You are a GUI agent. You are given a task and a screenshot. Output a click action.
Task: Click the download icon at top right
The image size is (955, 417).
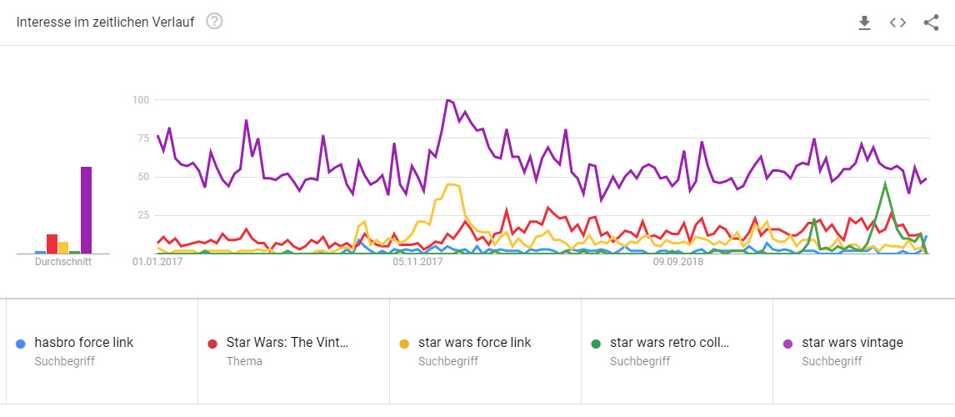pyautogui.click(x=864, y=23)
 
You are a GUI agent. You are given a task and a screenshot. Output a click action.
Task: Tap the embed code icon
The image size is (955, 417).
pyautogui.click(x=897, y=23)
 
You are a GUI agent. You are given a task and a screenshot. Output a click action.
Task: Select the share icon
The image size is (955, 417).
pyautogui.click(x=931, y=23)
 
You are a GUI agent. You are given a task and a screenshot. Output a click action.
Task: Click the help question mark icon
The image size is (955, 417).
pyautogui.click(x=214, y=22)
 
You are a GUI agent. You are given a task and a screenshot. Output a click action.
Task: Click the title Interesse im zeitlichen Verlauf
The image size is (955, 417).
pyautogui.click(x=105, y=23)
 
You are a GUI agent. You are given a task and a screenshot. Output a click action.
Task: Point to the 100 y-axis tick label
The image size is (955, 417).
pyautogui.click(x=140, y=100)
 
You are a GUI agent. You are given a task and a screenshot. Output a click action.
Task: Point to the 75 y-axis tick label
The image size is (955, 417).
pyautogui.click(x=142, y=138)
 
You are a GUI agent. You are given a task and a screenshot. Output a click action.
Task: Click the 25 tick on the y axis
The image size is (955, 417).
pyautogui.click(x=142, y=215)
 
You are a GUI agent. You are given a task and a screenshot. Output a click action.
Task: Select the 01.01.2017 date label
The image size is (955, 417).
pyautogui.click(x=157, y=262)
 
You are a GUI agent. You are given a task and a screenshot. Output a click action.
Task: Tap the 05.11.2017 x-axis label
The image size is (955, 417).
pyautogui.click(x=417, y=262)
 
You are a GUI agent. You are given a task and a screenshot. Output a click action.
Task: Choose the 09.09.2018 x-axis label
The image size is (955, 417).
pyautogui.click(x=678, y=262)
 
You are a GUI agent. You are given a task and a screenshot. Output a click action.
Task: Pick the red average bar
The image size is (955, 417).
pyautogui.click(x=52, y=244)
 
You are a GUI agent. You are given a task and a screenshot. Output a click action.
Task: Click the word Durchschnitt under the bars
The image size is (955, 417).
pyautogui.click(x=63, y=262)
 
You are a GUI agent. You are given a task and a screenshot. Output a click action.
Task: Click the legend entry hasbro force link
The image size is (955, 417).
pyautogui.click(x=84, y=343)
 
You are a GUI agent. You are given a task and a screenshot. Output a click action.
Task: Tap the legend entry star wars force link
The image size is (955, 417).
pyautogui.click(x=474, y=343)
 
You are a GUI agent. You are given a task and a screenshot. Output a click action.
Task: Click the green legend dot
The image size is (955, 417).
pyautogui.click(x=595, y=344)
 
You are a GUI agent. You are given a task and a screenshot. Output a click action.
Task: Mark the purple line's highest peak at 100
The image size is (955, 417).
pyautogui.click(x=448, y=100)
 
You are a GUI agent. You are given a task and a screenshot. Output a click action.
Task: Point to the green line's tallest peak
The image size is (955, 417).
pyautogui.click(x=885, y=184)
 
